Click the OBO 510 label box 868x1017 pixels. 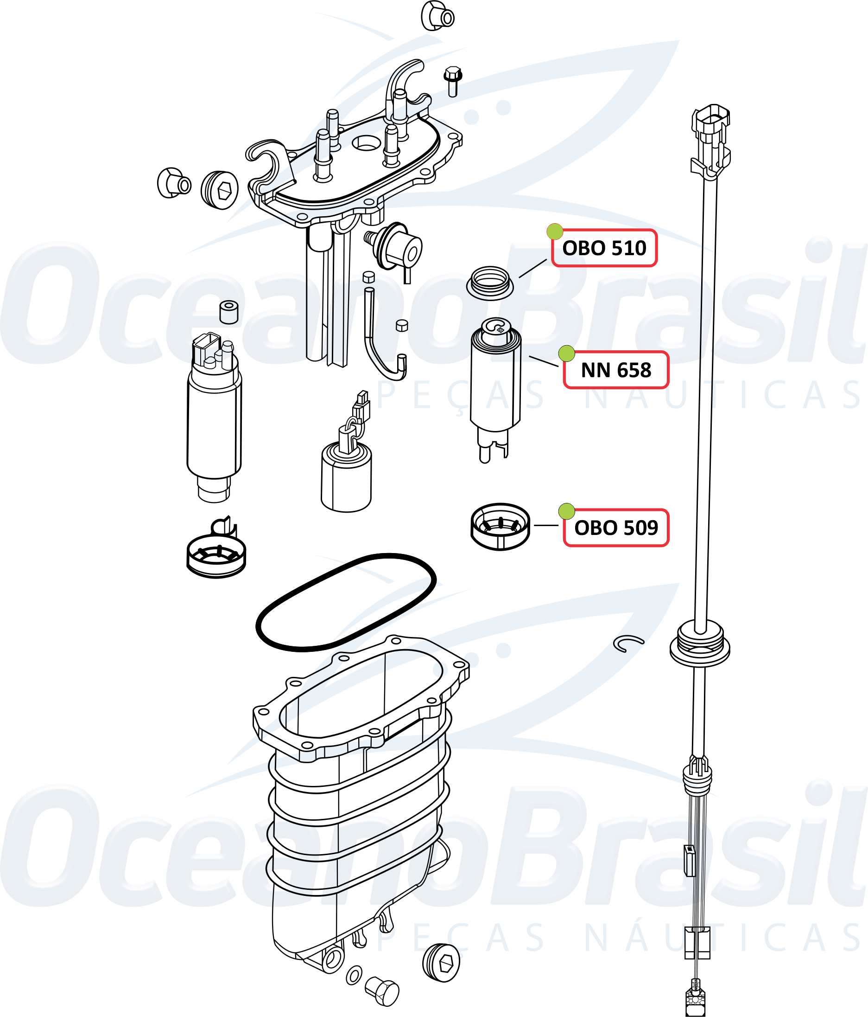pyautogui.click(x=604, y=248)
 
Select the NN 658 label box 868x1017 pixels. pyautogui.click(x=616, y=370)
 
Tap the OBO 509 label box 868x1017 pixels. pyautogui.click(x=616, y=528)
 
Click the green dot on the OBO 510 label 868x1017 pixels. pyautogui.click(x=555, y=231)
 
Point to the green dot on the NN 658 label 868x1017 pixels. pyautogui.click(x=566, y=353)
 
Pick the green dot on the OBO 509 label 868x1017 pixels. pyautogui.click(x=566, y=511)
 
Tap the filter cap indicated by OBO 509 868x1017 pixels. pyautogui.click(x=500, y=526)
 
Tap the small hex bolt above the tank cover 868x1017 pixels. pyautogui.click(x=452, y=82)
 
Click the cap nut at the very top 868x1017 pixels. pyautogui.click(x=437, y=16)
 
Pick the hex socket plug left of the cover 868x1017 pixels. pyautogui.click(x=219, y=189)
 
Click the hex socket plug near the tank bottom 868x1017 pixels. pyautogui.click(x=441, y=963)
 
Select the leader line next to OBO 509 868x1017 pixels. pyautogui.click(x=546, y=525)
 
